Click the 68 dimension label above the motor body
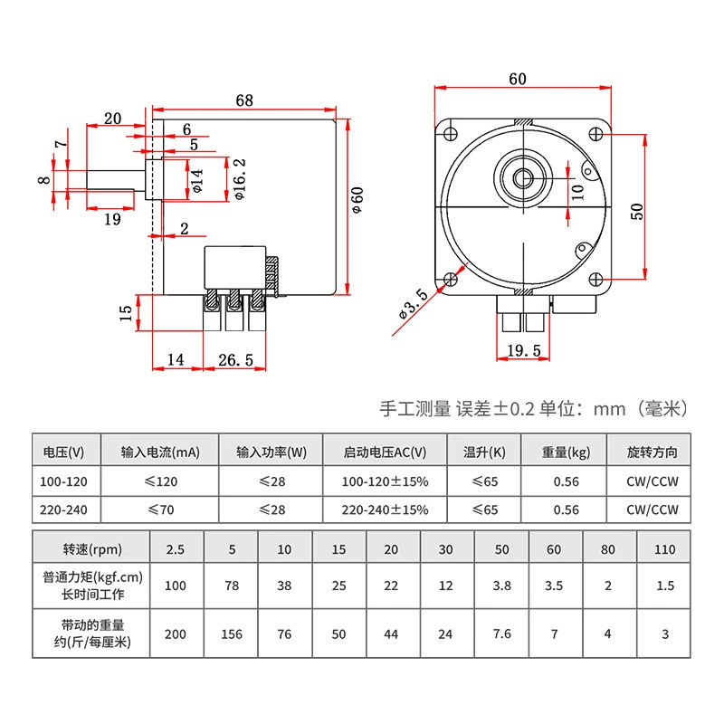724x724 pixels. [x=244, y=100]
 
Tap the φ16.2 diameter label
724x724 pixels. [x=240, y=179]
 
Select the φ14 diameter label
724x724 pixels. [x=196, y=180]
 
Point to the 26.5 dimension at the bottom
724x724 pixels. [x=235, y=359]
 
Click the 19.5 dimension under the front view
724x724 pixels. [x=524, y=350]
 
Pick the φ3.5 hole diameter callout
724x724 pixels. [x=414, y=304]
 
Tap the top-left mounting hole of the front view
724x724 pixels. [x=450, y=134]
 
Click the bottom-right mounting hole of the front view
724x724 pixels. [x=596, y=280]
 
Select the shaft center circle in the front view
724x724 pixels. [x=524, y=177]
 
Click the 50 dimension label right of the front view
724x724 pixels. [x=637, y=212]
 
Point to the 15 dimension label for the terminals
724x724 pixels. [x=126, y=313]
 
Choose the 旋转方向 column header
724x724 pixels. [x=652, y=452]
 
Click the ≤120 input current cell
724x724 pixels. [x=161, y=481]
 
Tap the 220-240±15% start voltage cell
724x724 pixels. [x=386, y=510]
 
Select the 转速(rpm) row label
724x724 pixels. [x=92, y=549]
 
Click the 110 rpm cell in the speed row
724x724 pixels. [x=665, y=549]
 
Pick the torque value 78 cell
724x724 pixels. [x=232, y=586]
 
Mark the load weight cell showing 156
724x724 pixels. [x=232, y=634]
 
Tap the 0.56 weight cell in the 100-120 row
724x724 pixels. [x=567, y=481]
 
